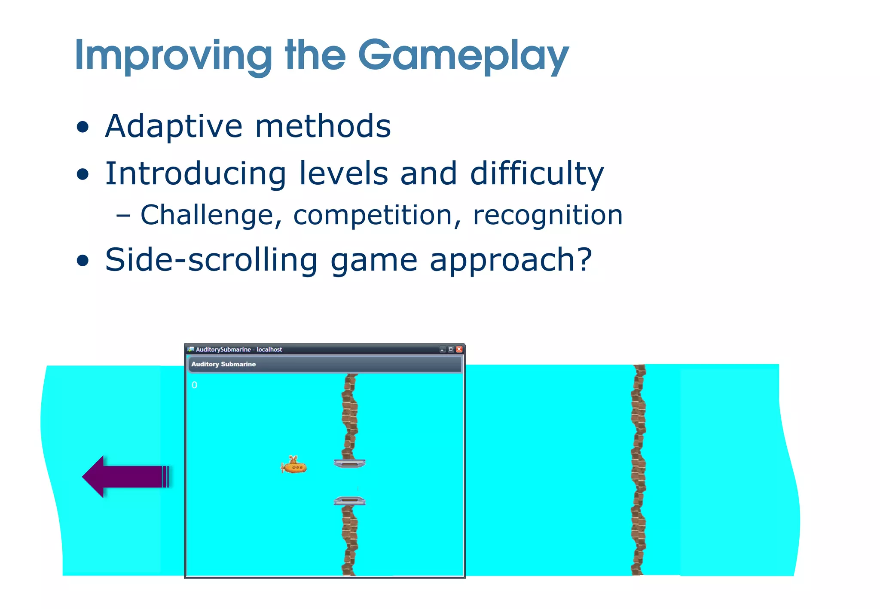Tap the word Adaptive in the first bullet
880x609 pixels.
(x=174, y=127)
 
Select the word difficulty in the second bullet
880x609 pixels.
(x=537, y=174)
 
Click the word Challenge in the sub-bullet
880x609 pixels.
(x=211, y=215)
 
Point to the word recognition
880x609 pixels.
(x=547, y=215)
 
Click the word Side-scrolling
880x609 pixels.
(x=211, y=260)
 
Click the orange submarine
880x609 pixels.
(x=294, y=466)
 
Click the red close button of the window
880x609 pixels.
(x=459, y=349)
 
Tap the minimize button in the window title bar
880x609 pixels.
(x=443, y=349)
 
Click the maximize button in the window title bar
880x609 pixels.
(x=451, y=349)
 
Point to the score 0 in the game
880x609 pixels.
(x=195, y=385)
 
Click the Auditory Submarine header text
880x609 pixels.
(x=223, y=364)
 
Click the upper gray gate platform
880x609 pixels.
(x=350, y=463)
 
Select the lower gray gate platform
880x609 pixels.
(x=350, y=500)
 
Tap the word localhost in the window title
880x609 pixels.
(x=269, y=349)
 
